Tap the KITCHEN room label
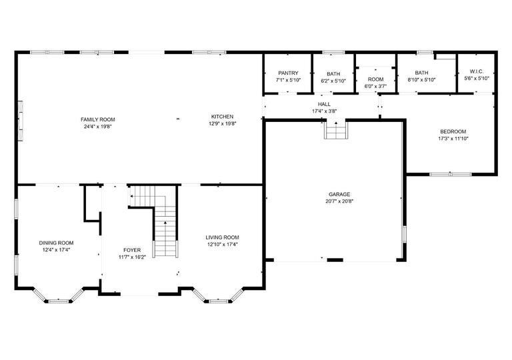(223, 117)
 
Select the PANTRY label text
(288, 73)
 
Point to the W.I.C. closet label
(477, 71)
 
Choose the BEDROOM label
(453, 131)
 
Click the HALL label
(324, 105)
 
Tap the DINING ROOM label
(56, 243)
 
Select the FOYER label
(132, 250)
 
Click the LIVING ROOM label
(222, 237)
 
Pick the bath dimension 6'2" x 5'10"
(333, 81)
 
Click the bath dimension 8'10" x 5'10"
(421, 80)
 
